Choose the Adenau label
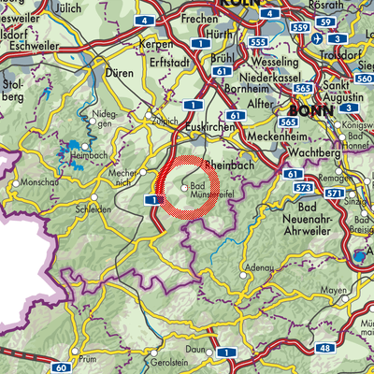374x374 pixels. click(x=257, y=267)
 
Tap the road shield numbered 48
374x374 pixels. click(x=324, y=348)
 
